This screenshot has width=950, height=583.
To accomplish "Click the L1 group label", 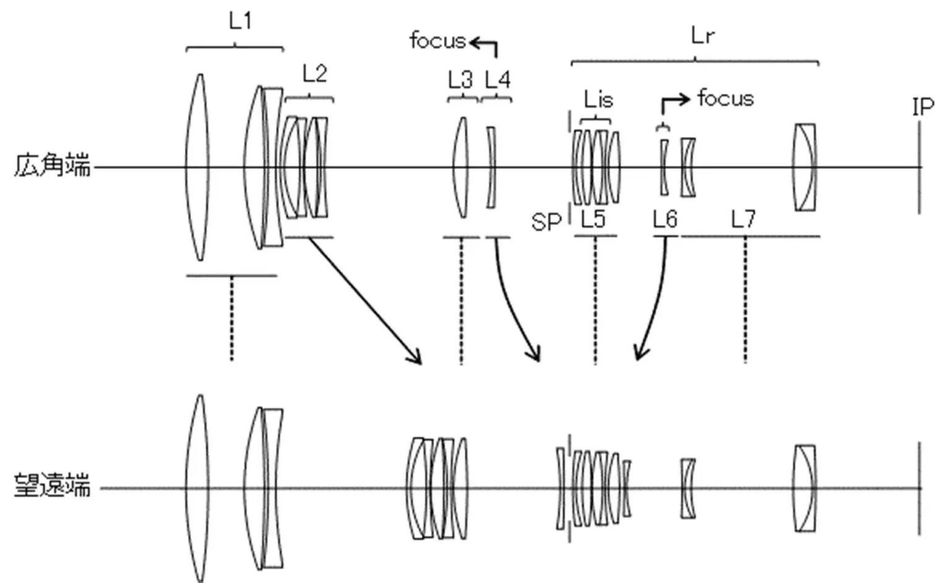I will pos(240,22).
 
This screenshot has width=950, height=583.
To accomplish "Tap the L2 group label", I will pos(314,74).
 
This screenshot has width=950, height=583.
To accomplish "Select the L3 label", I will pos(460,80).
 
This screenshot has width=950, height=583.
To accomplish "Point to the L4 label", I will pos(497,80).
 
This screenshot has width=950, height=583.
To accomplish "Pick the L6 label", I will pos(665,219).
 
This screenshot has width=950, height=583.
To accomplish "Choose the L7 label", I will pos(743,219).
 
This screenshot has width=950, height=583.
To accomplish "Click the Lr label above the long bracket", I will pos(702,36).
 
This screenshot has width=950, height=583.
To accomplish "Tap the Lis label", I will pos(598,99).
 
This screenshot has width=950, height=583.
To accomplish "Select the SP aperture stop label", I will pos(546,222).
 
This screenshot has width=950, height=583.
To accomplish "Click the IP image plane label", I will pos(923,108).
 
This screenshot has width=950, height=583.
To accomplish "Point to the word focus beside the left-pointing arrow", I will pos(437,41).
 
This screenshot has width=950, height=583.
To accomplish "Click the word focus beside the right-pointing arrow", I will pos(725,98).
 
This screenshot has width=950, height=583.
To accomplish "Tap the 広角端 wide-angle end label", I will pos(53,166).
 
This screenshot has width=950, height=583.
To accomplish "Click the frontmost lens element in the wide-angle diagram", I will pos(198,167).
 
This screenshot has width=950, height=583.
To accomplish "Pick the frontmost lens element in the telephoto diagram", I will pos(198,488).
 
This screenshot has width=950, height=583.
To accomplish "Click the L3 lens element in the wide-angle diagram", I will pos(461,167).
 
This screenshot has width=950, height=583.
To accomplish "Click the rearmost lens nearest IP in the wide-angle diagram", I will pos(805,167).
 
